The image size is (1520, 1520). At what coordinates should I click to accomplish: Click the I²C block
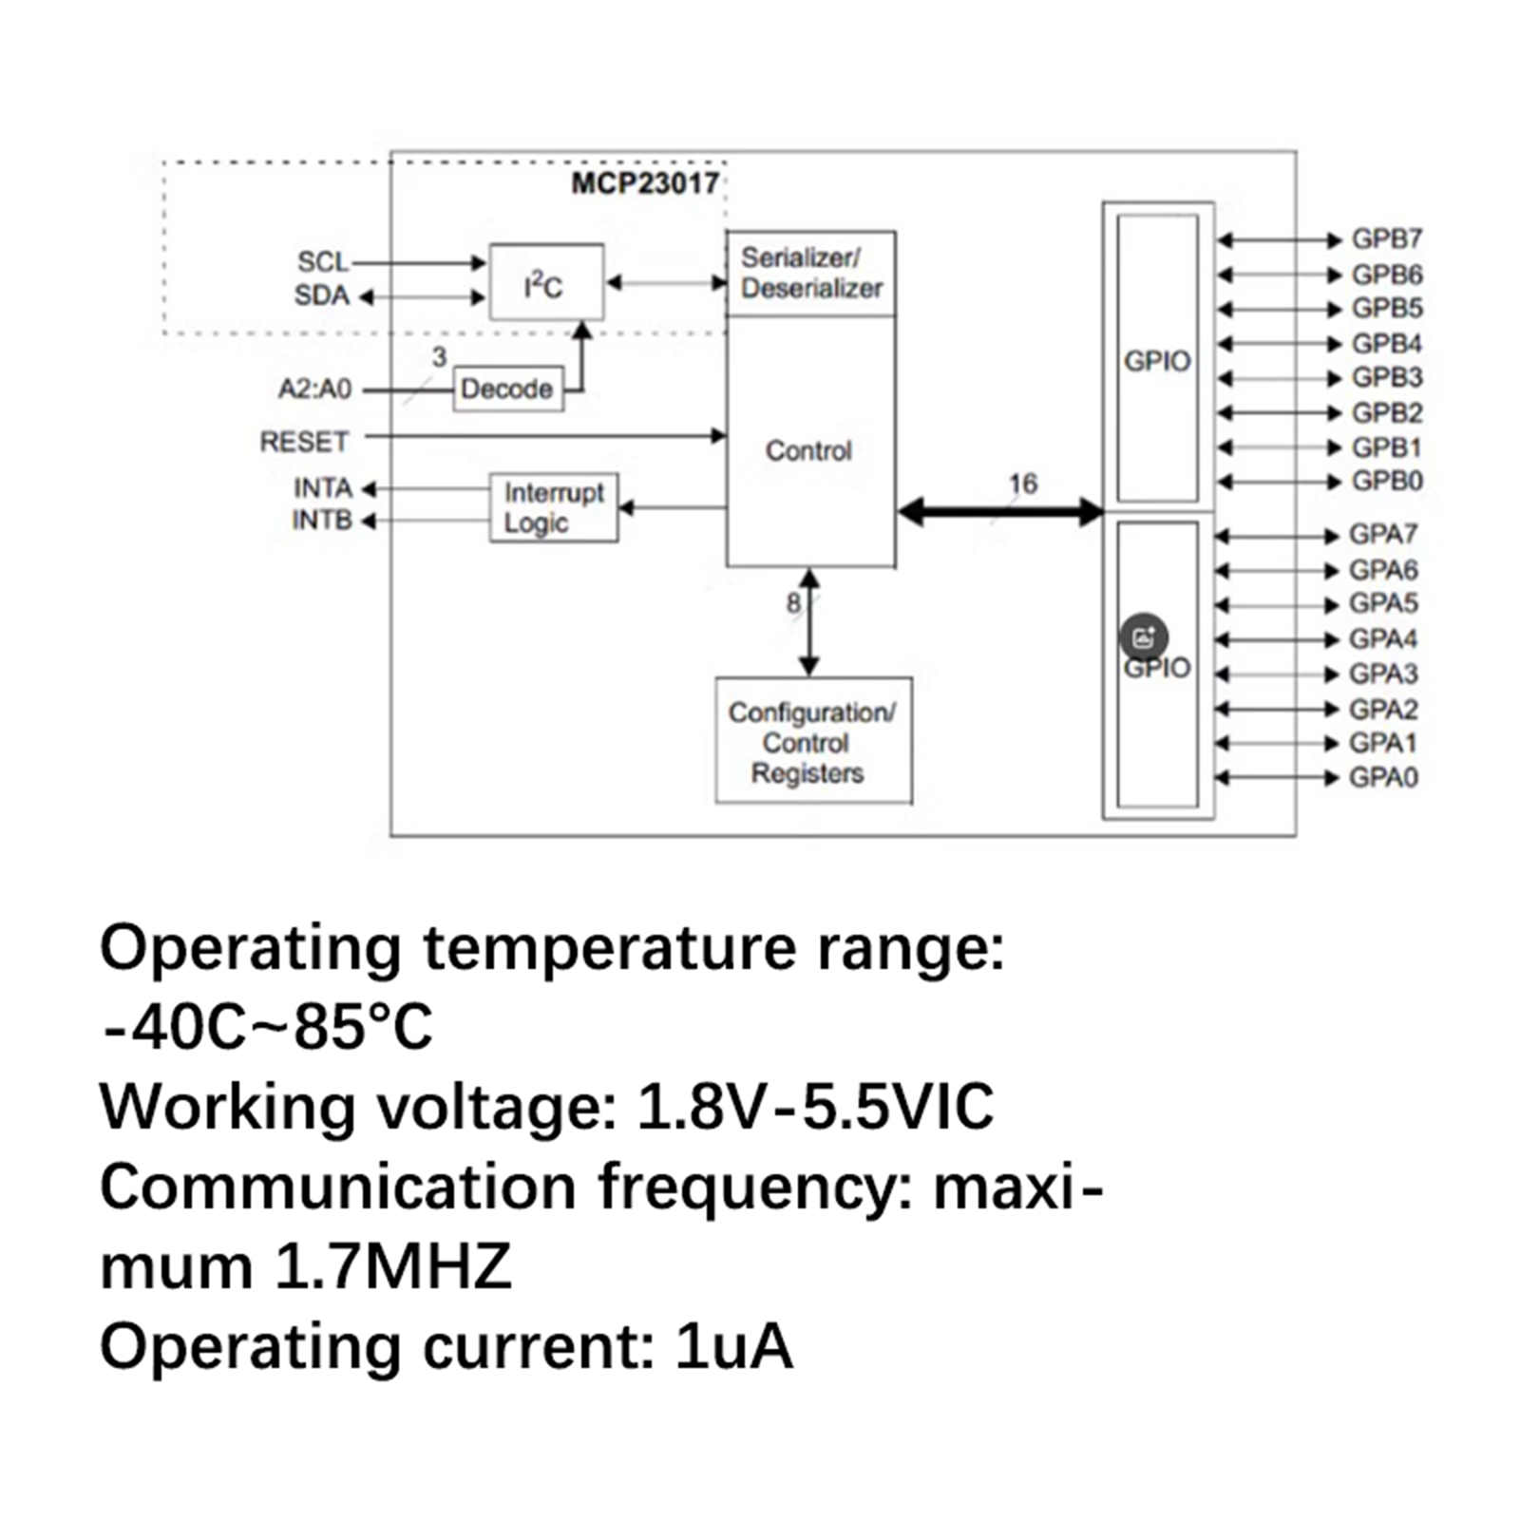click(545, 282)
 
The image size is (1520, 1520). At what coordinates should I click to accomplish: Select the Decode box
click(507, 389)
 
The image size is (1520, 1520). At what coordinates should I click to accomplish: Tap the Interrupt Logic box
click(554, 507)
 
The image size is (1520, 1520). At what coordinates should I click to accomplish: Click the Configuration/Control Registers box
click(812, 741)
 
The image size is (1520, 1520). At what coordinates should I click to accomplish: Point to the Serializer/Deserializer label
click(810, 273)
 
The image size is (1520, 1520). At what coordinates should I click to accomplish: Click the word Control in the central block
click(808, 450)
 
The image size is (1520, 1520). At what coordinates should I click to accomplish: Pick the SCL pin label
click(322, 261)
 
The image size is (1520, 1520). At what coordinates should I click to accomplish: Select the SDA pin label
click(321, 295)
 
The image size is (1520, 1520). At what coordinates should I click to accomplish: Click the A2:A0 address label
click(314, 389)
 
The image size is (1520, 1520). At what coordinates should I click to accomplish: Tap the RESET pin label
click(304, 442)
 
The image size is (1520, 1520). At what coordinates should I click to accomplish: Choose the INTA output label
click(322, 488)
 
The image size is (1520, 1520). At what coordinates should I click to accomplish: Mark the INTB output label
click(321, 521)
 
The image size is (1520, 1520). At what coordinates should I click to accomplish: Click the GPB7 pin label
click(1387, 239)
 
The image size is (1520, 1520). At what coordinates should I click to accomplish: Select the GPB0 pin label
click(1387, 481)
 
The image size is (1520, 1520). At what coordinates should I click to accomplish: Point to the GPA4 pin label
click(1383, 638)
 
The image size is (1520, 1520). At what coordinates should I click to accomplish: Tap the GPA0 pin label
click(1383, 777)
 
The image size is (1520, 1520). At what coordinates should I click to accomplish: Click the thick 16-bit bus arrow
click(999, 512)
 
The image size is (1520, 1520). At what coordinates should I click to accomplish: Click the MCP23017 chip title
click(645, 182)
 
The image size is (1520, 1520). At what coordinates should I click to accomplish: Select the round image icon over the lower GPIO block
click(1143, 637)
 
